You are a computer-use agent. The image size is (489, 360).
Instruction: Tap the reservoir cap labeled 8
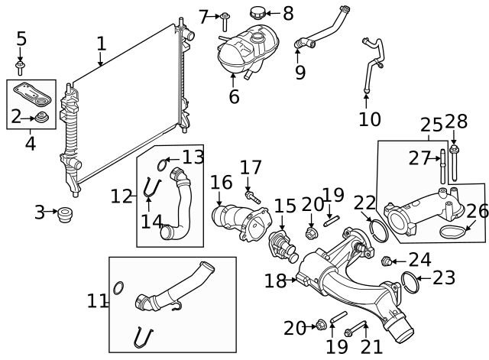[257, 13]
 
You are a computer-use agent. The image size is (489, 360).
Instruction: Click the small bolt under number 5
[21, 63]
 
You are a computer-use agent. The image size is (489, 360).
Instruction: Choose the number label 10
[369, 119]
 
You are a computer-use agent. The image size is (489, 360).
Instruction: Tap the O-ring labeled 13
[163, 163]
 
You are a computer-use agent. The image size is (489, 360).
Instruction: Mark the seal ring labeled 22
[378, 228]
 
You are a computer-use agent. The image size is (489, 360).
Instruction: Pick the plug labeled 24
[386, 261]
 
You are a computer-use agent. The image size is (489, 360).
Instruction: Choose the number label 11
[97, 301]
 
